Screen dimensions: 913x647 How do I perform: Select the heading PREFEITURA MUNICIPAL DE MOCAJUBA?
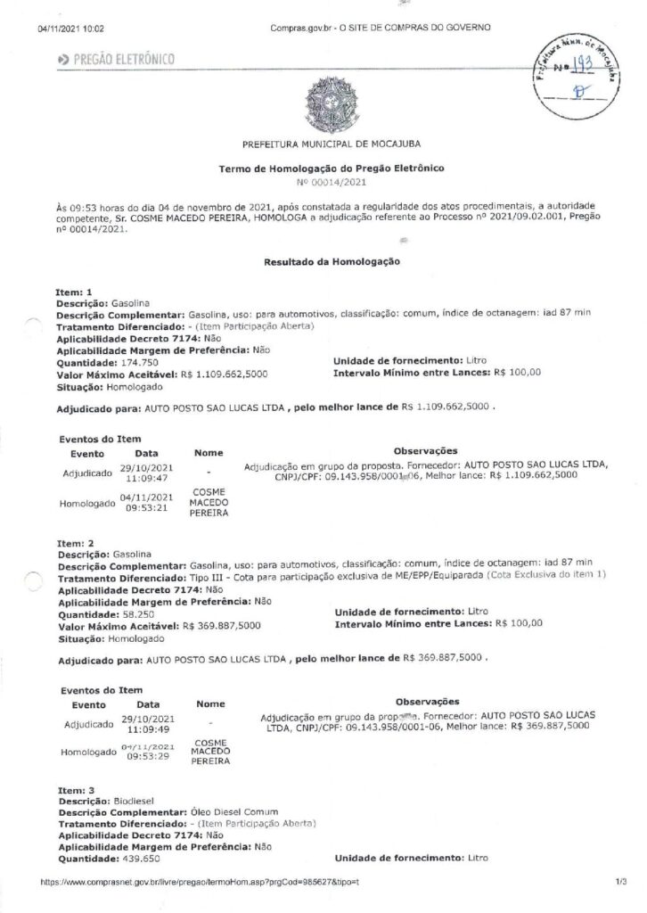click(x=332, y=143)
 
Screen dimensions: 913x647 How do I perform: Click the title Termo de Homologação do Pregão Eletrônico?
click(x=331, y=168)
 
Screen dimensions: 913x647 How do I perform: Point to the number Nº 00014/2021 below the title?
click(x=331, y=182)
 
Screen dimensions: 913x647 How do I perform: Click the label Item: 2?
click(x=74, y=542)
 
